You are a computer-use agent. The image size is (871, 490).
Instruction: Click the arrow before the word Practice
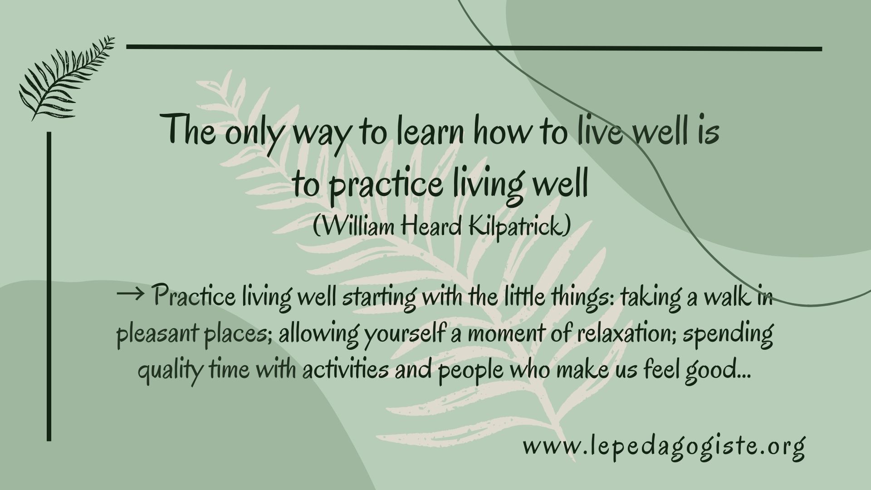coord(130,296)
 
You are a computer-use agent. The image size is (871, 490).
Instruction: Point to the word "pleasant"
coord(157,335)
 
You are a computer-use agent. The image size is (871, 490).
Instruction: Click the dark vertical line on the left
coord(49,286)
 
